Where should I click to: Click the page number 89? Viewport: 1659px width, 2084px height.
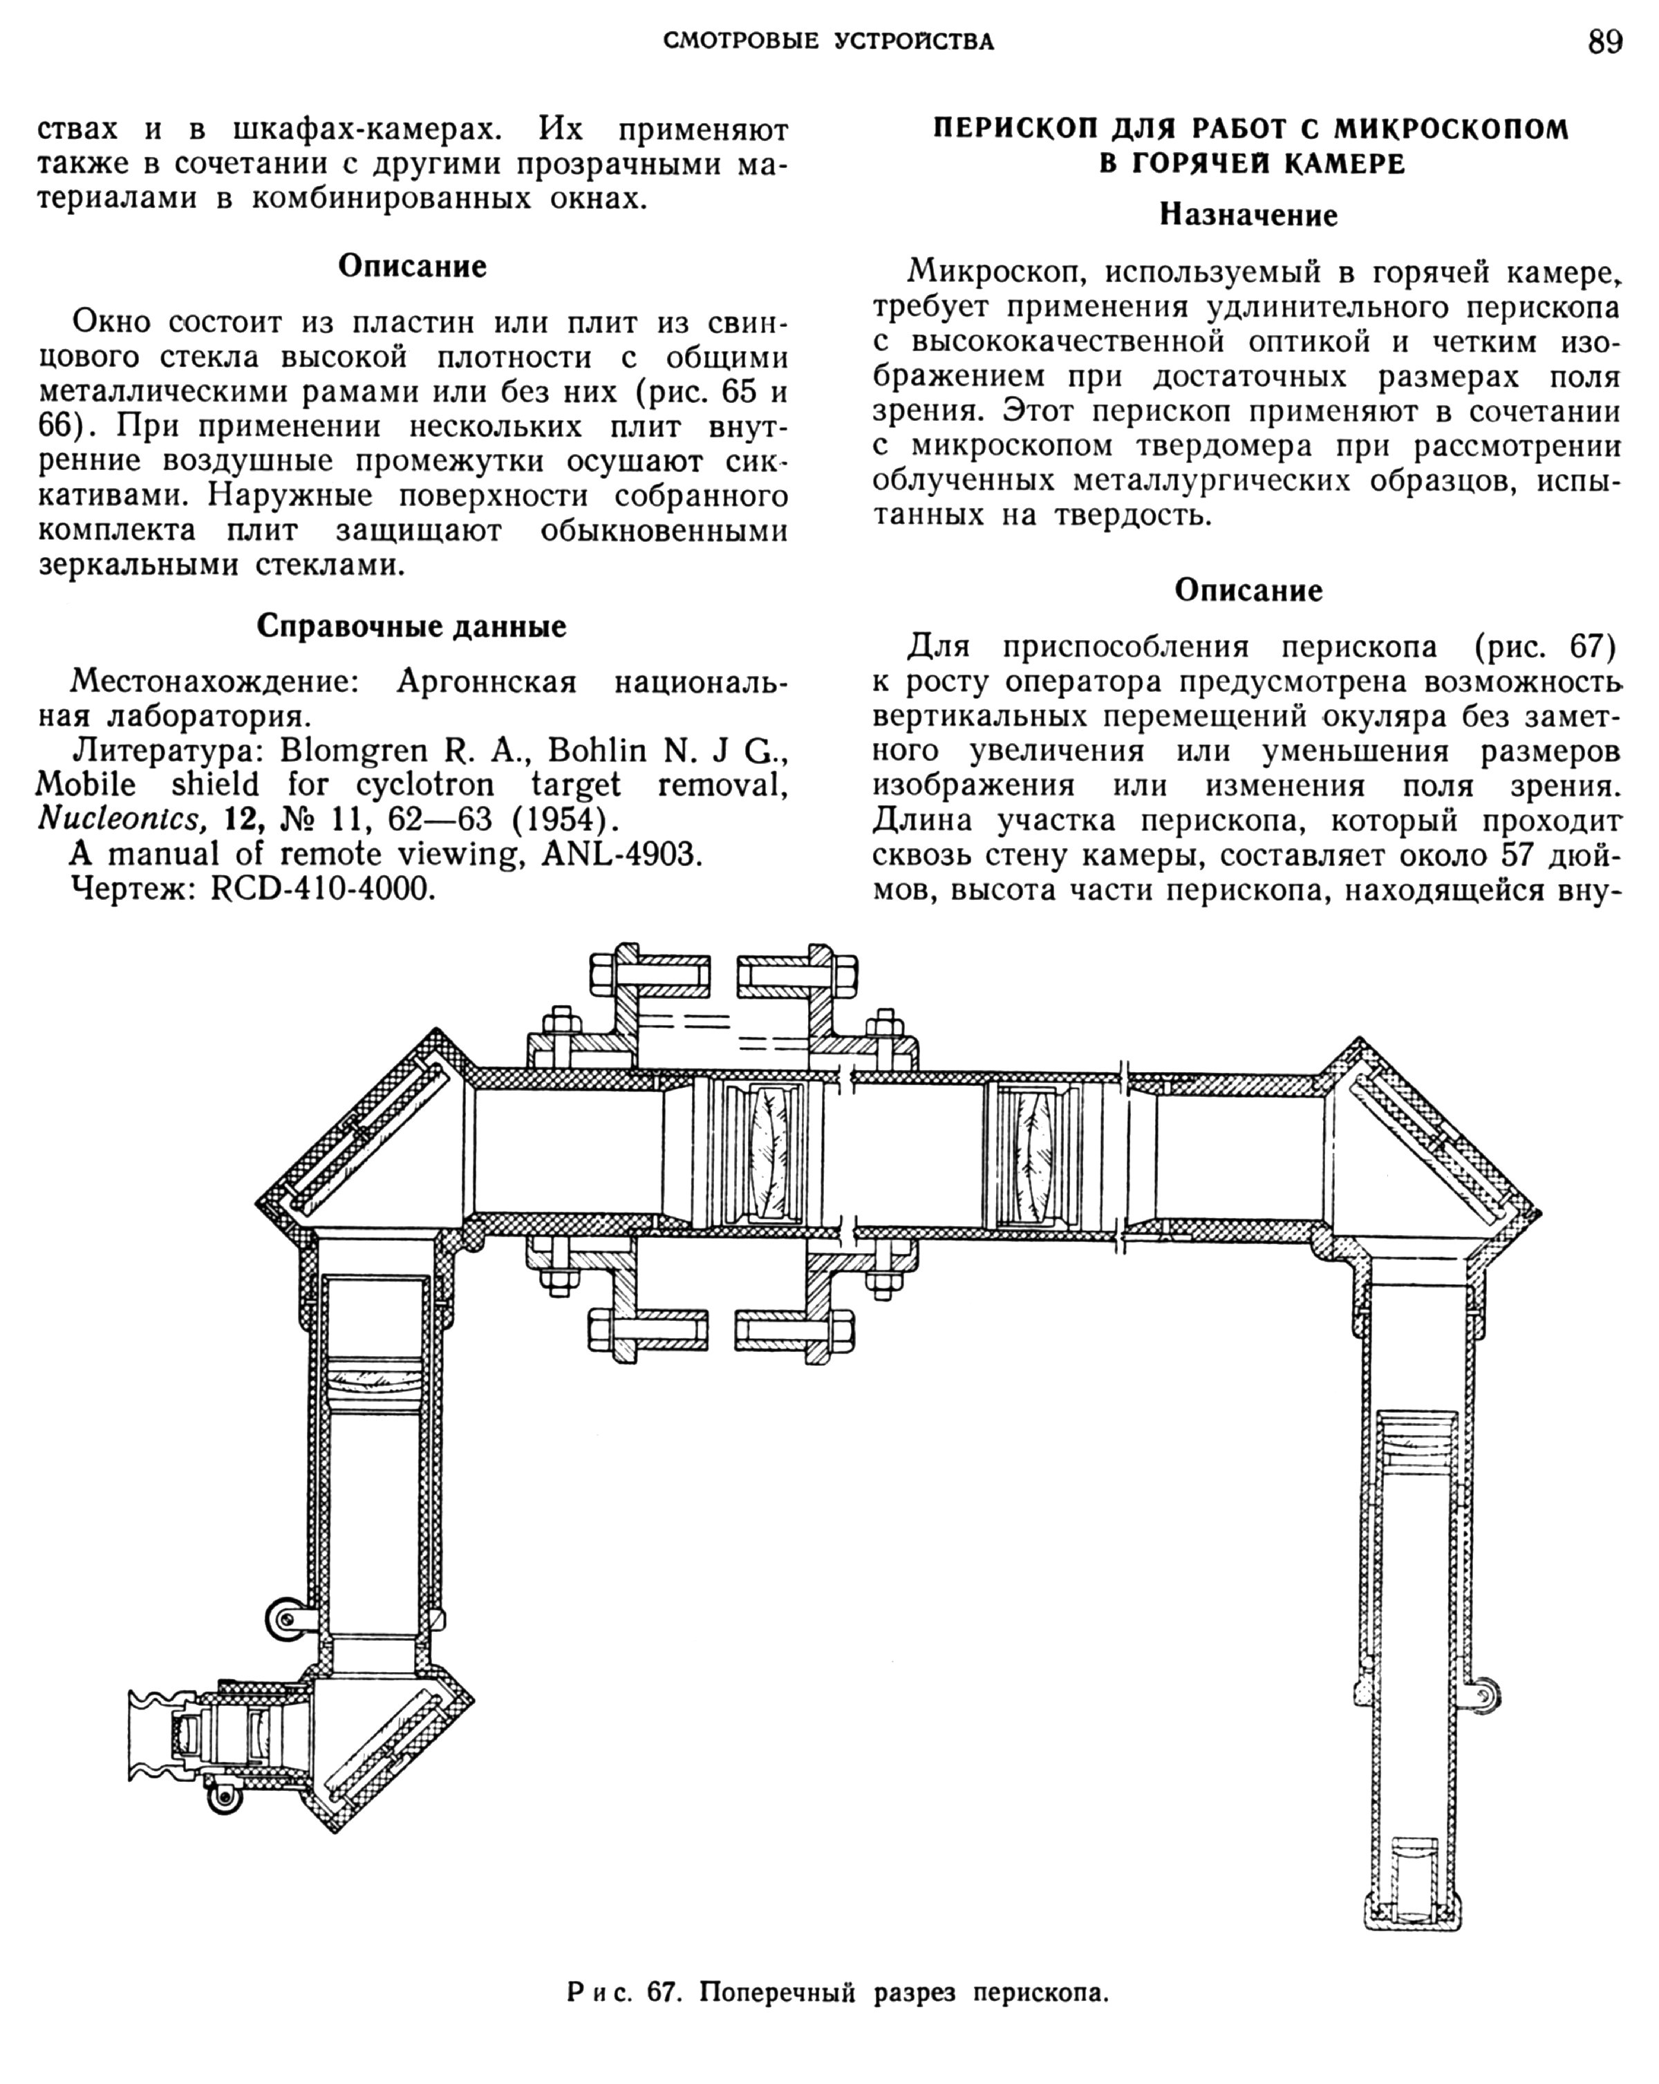tap(1605, 43)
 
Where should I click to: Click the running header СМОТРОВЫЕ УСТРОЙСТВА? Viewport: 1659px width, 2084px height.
tap(829, 41)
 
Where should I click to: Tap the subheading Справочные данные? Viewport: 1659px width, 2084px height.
tap(411, 626)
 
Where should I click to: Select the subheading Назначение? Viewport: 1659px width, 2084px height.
tap(1248, 214)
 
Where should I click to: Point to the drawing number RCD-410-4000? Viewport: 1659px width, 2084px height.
tap(323, 888)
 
